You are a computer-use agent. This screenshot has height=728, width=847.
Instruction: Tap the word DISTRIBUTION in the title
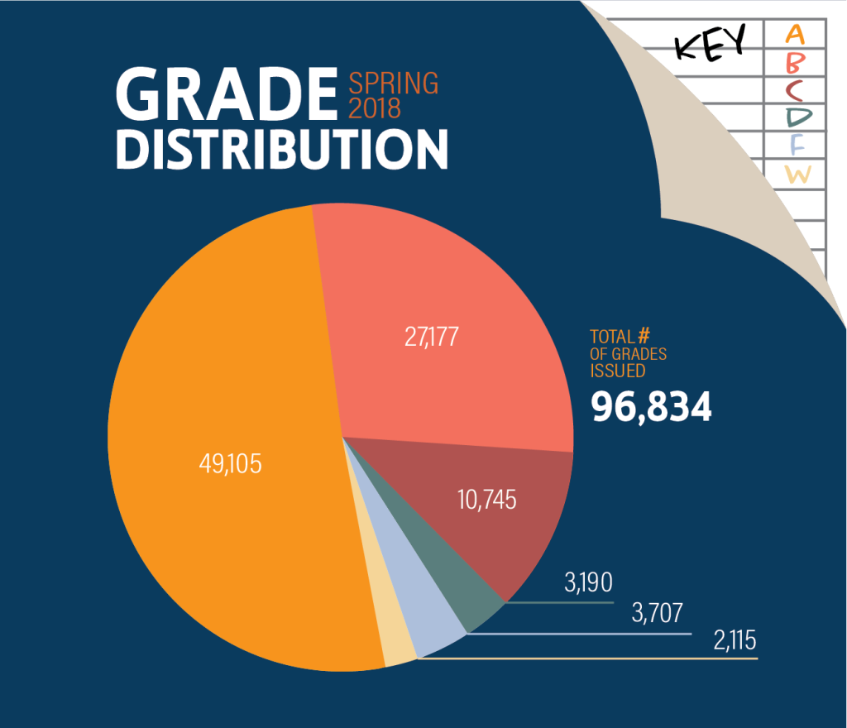pos(281,148)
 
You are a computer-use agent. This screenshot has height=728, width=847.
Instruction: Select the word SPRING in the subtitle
pos(394,84)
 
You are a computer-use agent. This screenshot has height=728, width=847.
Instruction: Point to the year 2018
pos(375,108)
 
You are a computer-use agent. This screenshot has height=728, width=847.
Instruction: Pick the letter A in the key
pos(795,35)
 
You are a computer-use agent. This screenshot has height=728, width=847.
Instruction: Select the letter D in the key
pos(796,117)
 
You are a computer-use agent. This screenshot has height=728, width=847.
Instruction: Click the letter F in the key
pos(796,146)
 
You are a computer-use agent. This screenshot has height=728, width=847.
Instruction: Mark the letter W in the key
pos(797,175)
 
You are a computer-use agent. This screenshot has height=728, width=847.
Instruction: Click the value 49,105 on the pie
pos(230,464)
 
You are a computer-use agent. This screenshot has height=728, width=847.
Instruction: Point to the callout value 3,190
pos(588,582)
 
